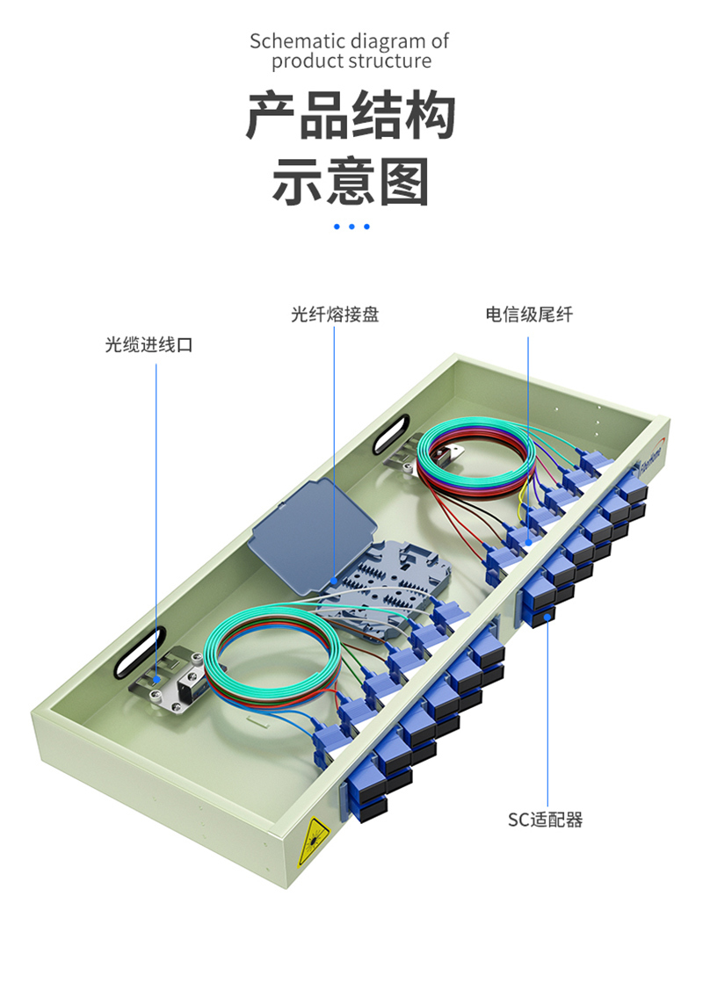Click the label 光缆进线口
(x=149, y=344)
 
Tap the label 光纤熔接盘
(x=335, y=314)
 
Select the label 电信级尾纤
(x=529, y=314)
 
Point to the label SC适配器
(x=545, y=820)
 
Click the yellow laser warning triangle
(x=313, y=841)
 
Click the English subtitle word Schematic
(x=297, y=41)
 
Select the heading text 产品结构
(x=351, y=115)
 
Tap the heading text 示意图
(x=351, y=182)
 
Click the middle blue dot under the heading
(x=351, y=227)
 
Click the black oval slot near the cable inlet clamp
(x=140, y=652)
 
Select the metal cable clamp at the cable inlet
(x=170, y=683)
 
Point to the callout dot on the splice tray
(x=334, y=580)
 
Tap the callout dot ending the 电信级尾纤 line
(x=528, y=542)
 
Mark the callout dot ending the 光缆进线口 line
(x=156, y=680)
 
